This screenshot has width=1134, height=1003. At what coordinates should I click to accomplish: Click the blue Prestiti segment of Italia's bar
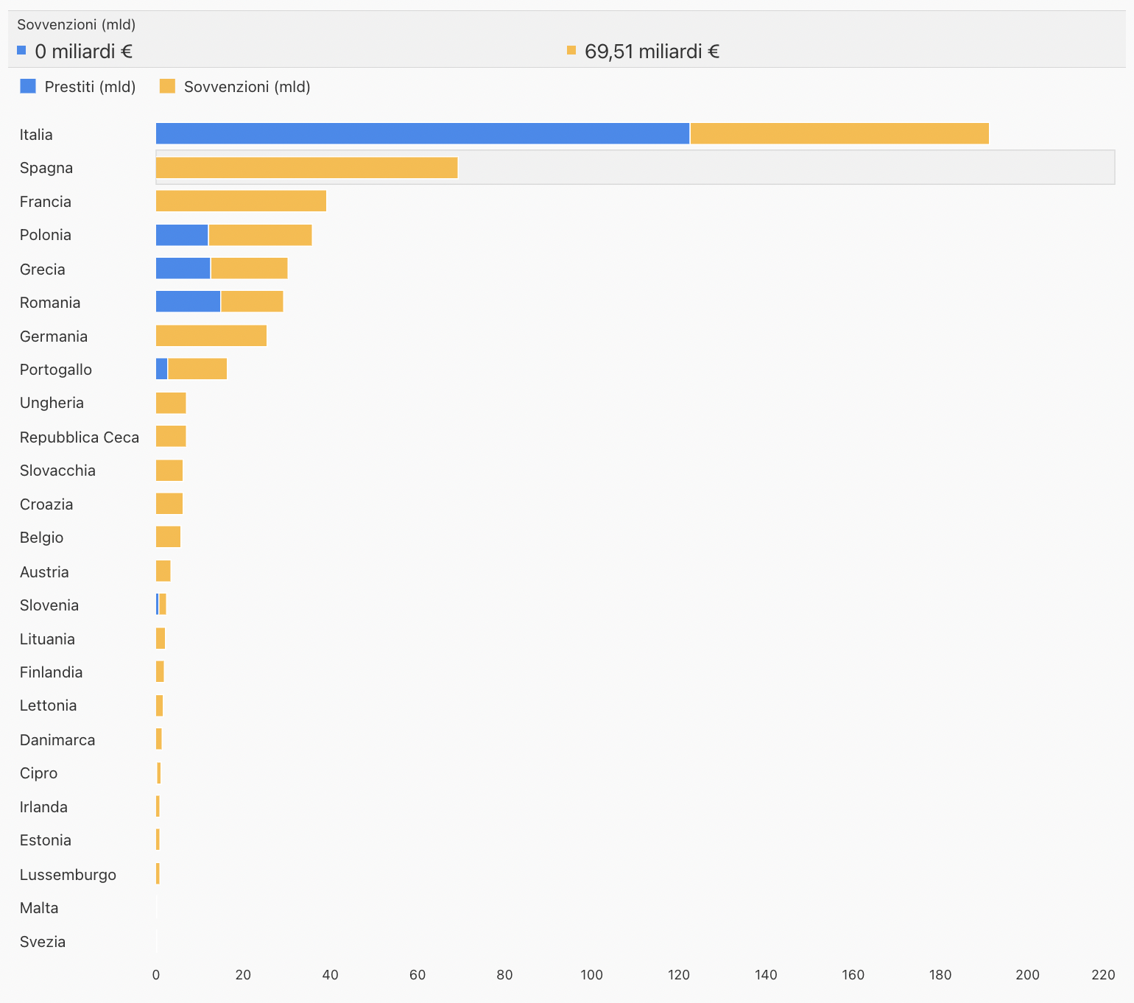click(x=423, y=134)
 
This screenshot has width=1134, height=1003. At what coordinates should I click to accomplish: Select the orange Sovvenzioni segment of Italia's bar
click(x=839, y=134)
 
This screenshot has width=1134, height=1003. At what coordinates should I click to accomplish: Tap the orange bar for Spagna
click(x=306, y=168)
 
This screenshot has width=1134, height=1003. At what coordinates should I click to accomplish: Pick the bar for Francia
click(x=241, y=201)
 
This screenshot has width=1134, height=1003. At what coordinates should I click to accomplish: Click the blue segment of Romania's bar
click(x=188, y=302)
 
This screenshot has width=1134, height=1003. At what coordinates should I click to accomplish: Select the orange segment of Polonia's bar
click(x=260, y=235)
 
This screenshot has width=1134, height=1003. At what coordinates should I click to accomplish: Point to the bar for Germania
click(x=211, y=336)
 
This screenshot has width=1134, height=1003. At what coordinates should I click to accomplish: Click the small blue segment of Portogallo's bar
click(x=162, y=369)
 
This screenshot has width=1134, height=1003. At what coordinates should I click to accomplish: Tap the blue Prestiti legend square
click(x=28, y=86)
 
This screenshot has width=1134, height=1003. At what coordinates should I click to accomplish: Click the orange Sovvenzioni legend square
click(x=168, y=86)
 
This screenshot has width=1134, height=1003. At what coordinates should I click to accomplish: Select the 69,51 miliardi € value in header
click(x=652, y=52)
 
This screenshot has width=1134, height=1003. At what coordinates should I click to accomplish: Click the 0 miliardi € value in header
click(x=84, y=52)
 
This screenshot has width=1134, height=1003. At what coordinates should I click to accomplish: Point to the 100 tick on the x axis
click(x=591, y=975)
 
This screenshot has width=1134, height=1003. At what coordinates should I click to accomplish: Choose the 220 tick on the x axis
click(x=1103, y=975)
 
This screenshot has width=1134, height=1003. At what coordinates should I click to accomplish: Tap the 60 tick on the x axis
click(x=418, y=975)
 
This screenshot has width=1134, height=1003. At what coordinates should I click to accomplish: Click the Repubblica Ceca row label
click(x=80, y=437)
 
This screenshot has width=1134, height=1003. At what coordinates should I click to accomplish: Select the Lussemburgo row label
click(x=68, y=875)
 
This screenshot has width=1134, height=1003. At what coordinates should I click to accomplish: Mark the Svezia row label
click(x=43, y=942)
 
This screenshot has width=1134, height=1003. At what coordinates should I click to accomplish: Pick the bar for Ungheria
click(x=171, y=403)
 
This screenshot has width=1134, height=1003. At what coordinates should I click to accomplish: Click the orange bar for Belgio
click(x=168, y=538)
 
